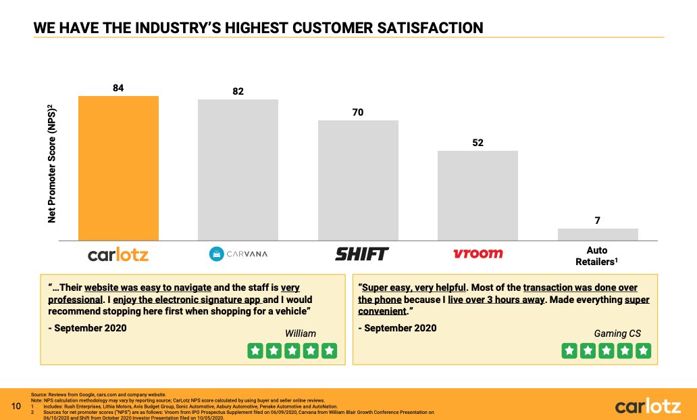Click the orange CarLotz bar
[118, 168]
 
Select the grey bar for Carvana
[238, 170]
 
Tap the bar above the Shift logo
[358, 181]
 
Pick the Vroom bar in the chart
[477, 195]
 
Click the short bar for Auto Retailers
[598, 234]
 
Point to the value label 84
[118, 88]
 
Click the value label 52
[477, 143]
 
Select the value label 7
[598, 220]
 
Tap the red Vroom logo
[477, 254]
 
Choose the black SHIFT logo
[362, 254]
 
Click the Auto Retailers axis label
[598, 256]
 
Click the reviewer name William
[300, 333]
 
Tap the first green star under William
[255, 350]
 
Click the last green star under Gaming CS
[644, 350]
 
